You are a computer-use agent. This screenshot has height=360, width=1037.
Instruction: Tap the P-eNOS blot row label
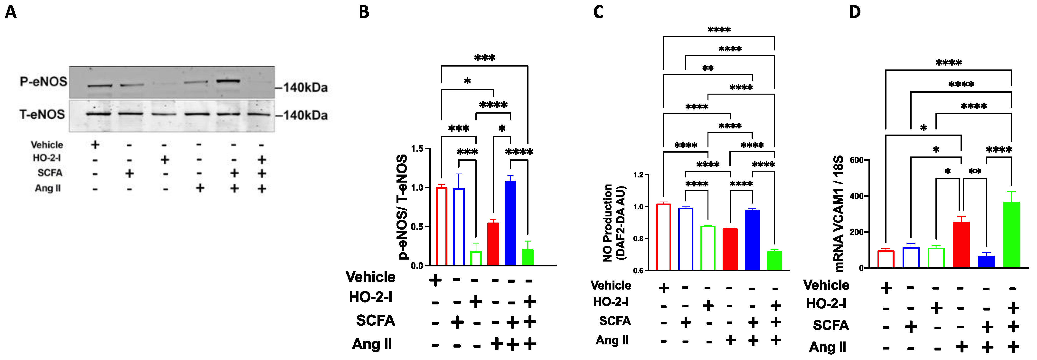click(x=44, y=82)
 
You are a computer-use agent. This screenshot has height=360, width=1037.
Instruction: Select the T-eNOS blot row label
click(x=42, y=115)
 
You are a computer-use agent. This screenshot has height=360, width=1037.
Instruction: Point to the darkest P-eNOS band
click(x=228, y=81)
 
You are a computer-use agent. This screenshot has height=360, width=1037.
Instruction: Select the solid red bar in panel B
click(x=493, y=244)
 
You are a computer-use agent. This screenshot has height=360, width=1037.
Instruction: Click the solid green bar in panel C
click(x=774, y=261)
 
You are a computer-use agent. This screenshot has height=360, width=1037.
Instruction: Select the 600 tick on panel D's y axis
click(x=856, y=160)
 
